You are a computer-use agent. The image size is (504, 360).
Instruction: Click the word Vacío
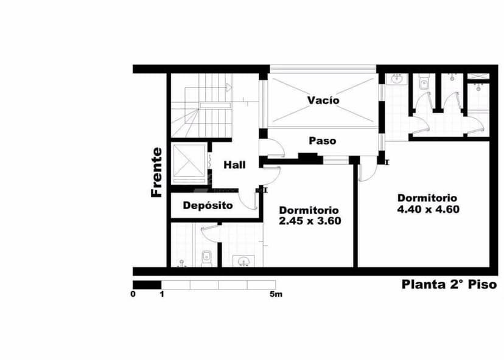tap(323, 100)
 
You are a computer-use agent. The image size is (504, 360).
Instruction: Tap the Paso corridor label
tap(322, 140)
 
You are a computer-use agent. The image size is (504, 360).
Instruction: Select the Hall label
tap(234, 165)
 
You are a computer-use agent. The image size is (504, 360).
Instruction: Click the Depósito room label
tap(208, 206)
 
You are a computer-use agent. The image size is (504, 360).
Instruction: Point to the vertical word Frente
tap(157, 172)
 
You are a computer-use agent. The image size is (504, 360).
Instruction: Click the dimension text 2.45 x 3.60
tap(309, 221)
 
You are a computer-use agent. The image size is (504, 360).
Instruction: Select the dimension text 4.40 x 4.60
tap(427, 209)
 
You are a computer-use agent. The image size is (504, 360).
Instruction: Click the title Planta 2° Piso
tap(449, 285)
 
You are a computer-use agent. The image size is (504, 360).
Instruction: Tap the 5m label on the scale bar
tap(276, 294)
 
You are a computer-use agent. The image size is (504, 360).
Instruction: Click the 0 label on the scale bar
tap(133, 294)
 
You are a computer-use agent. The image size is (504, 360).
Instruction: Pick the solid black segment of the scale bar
tap(147, 285)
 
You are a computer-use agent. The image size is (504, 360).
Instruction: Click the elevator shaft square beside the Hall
tap(189, 164)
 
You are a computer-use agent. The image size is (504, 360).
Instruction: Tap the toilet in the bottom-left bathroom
tap(206, 257)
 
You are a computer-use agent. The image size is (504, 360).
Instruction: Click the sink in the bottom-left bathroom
tap(244, 261)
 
